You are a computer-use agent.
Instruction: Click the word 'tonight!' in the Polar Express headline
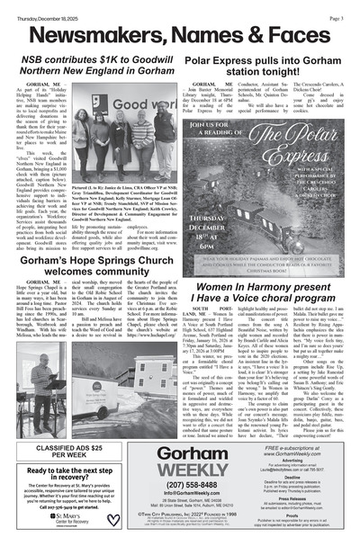coord(298,75)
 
